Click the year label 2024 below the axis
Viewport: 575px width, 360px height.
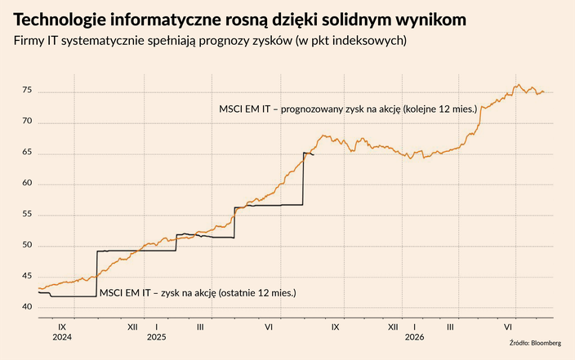(x=62, y=337)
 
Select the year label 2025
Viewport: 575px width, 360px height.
(x=156, y=337)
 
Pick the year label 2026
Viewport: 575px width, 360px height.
(x=415, y=337)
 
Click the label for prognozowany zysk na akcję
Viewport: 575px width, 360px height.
(x=348, y=108)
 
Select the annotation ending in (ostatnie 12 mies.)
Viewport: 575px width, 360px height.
(x=197, y=291)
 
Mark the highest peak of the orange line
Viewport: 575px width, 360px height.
(x=517, y=84)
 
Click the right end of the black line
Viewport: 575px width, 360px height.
(x=314, y=155)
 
